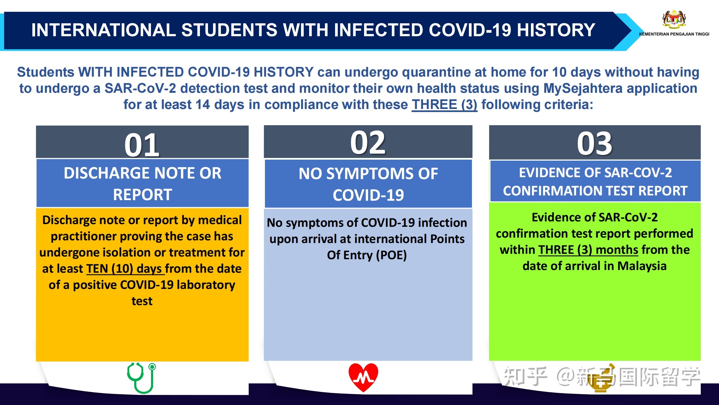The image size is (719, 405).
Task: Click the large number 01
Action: (142, 145)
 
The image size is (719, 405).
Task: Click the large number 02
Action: (368, 142)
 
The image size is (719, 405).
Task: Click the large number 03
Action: (595, 143)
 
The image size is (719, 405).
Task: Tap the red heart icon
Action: (363, 377)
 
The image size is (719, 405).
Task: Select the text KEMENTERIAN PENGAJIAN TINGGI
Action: (674, 34)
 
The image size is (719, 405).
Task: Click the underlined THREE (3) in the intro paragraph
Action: (444, 105)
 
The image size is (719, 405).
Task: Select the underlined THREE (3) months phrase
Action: (588, 250)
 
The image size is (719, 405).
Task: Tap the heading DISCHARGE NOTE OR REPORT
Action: (143, 184)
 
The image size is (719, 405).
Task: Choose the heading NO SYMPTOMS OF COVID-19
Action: (368, 184)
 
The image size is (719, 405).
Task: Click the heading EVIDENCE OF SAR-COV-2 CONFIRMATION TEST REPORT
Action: (595, 182)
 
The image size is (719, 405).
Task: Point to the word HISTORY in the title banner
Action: (556, 30)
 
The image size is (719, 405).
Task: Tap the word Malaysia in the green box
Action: (642, 266)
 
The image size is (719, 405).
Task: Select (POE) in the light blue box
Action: (393, 255)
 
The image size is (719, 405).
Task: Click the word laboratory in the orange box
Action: (206, 285)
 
